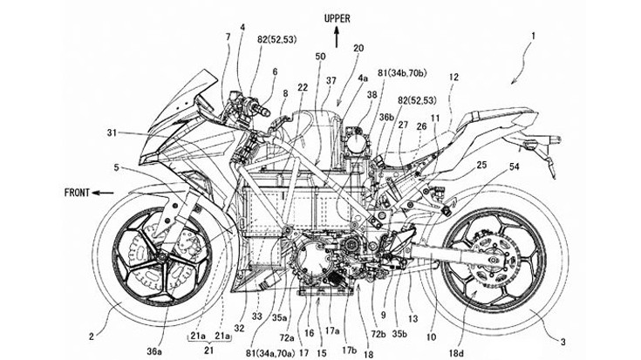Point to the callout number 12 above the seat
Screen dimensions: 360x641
click(453, 78)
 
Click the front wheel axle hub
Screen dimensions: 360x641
click(162, 255)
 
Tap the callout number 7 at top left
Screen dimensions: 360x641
click(228, 37)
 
